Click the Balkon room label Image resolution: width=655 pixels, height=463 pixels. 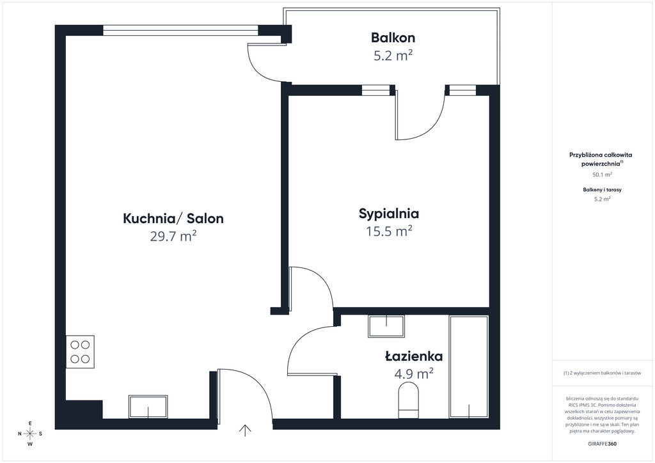393,38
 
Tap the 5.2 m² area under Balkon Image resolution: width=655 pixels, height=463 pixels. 393,56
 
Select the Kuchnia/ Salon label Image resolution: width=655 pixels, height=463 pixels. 173,218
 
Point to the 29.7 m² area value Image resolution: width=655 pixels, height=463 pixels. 173,237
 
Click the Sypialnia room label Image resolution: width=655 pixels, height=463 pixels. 389,214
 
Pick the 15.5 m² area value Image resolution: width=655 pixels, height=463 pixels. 390,231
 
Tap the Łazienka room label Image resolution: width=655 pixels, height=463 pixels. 414,356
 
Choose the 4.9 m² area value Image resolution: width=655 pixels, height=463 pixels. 414,373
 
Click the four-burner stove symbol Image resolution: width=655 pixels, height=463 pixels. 80,352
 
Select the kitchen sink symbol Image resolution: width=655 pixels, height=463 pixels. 148,407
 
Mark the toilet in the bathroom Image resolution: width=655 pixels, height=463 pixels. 409,401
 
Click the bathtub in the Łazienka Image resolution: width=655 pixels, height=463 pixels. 469,366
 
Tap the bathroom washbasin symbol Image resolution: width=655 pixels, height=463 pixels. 386,326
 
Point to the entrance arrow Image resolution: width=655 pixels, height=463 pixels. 245,430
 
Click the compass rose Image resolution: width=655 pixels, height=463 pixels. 30,434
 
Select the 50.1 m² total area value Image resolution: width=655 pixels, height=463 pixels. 602,175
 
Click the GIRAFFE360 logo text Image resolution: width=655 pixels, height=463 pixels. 602,444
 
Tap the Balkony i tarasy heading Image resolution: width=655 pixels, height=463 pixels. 602,189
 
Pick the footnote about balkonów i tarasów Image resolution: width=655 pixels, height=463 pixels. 602,373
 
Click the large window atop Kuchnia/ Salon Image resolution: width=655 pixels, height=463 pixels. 180,31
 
